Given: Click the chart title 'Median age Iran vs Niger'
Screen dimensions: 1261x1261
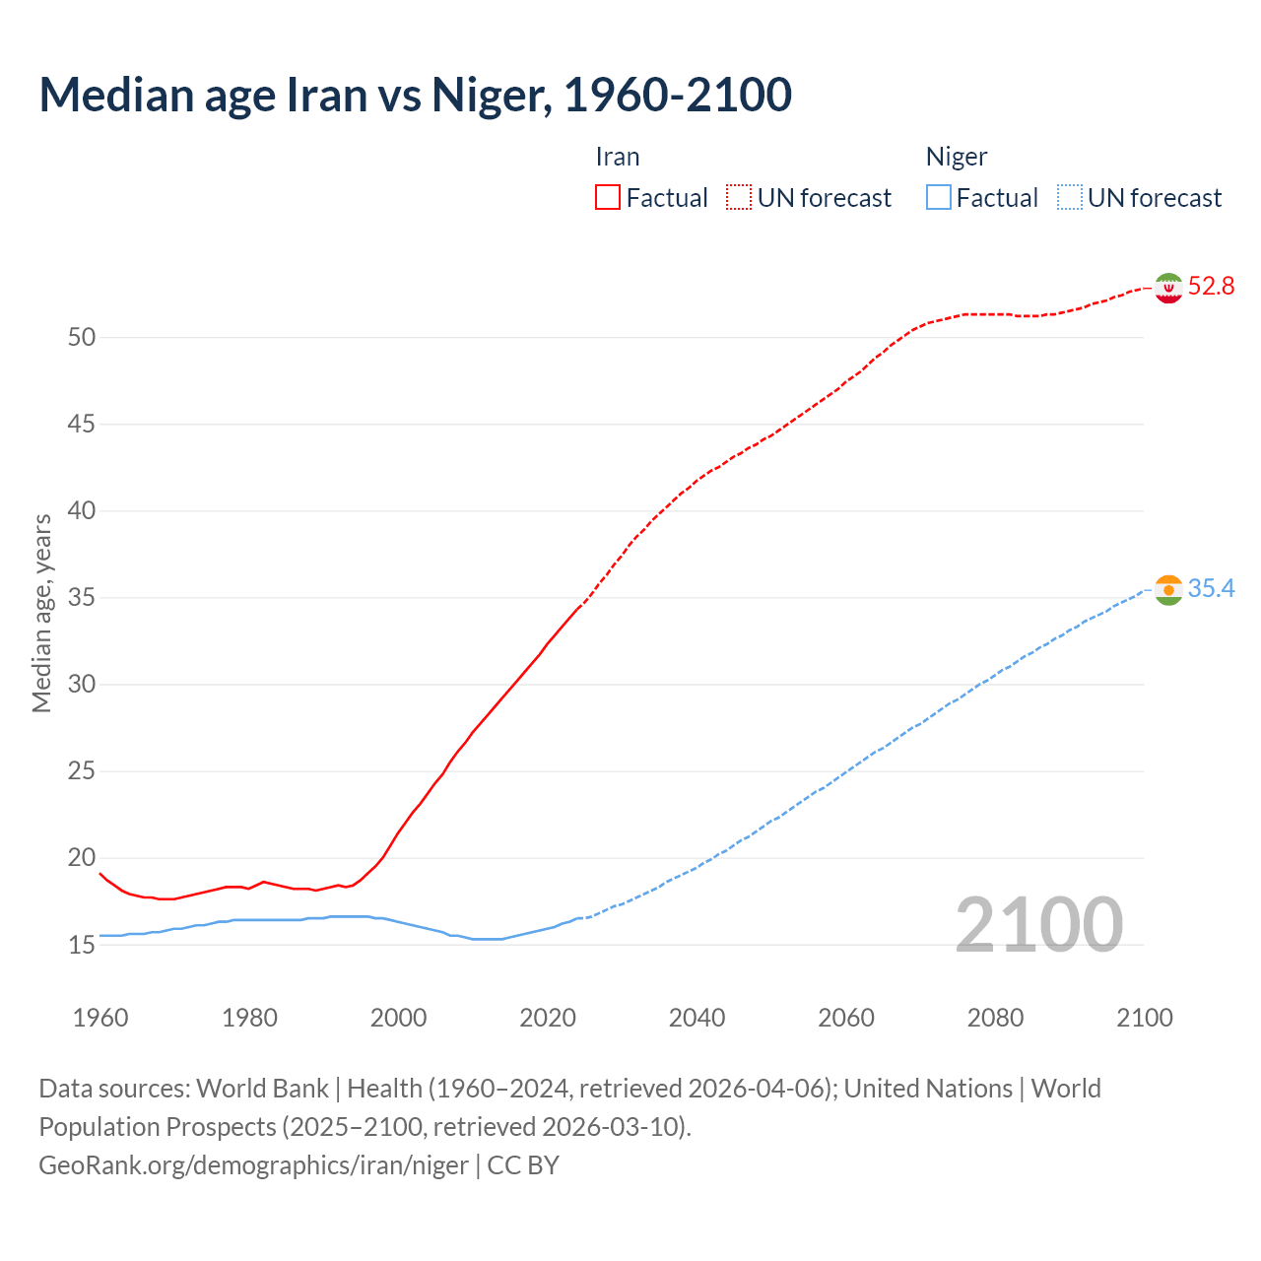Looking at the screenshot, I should [415, 95].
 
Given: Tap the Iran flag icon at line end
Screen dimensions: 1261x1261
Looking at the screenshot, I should [1168, 288].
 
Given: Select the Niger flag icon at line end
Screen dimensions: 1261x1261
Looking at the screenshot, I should [1168, 590].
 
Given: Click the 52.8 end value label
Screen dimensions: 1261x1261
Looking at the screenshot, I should [1211, 286].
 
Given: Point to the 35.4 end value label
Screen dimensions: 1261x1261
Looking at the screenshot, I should [1211, 588].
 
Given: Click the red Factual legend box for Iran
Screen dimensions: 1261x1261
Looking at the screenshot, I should [608, 198].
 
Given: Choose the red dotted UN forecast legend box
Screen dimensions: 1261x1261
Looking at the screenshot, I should [739, 198].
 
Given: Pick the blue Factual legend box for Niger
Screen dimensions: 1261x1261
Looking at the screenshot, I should [938, 198].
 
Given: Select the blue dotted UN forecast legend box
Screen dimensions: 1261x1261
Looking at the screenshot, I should [1069, 198].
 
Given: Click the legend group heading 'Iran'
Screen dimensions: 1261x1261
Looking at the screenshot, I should [618, 157].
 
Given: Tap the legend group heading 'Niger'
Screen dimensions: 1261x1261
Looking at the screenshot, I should [956, 157].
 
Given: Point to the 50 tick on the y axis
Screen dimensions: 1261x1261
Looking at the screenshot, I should [82, 337].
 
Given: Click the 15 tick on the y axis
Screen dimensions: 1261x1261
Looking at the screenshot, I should [82, 945].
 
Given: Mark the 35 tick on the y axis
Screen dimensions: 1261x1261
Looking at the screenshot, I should [82, 598].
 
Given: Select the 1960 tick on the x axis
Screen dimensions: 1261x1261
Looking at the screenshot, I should [100, 1018].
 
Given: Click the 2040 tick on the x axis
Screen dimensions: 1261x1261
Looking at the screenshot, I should [697, 1018].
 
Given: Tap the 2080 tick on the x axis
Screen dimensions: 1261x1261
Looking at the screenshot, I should [995, 1018].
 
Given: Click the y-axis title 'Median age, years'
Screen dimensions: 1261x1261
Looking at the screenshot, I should [41, 613].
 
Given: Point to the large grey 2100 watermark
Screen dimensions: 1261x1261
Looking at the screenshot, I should [1038, 924].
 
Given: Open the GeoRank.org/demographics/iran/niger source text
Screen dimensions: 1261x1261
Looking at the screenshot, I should [253, 1165].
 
